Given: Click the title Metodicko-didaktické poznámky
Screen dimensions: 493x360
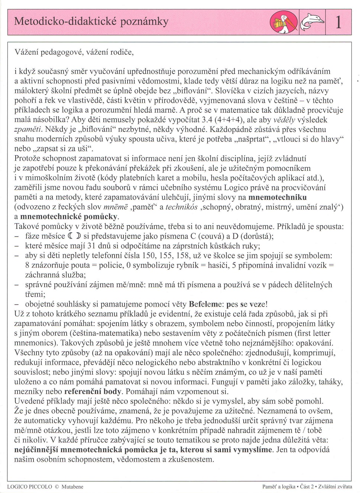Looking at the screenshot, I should coord(91,21).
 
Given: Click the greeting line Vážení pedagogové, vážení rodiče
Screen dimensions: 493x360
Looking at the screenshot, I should coord(74,52).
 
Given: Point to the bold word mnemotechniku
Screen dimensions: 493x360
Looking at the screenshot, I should coord(277,197).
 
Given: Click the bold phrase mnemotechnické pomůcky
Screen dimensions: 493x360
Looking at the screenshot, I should coord(69,217).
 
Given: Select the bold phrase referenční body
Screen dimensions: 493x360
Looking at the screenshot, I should coord(93,391).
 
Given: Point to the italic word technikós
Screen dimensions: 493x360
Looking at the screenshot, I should coord(181,207).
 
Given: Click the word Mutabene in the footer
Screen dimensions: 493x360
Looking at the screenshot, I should coord(73,487).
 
